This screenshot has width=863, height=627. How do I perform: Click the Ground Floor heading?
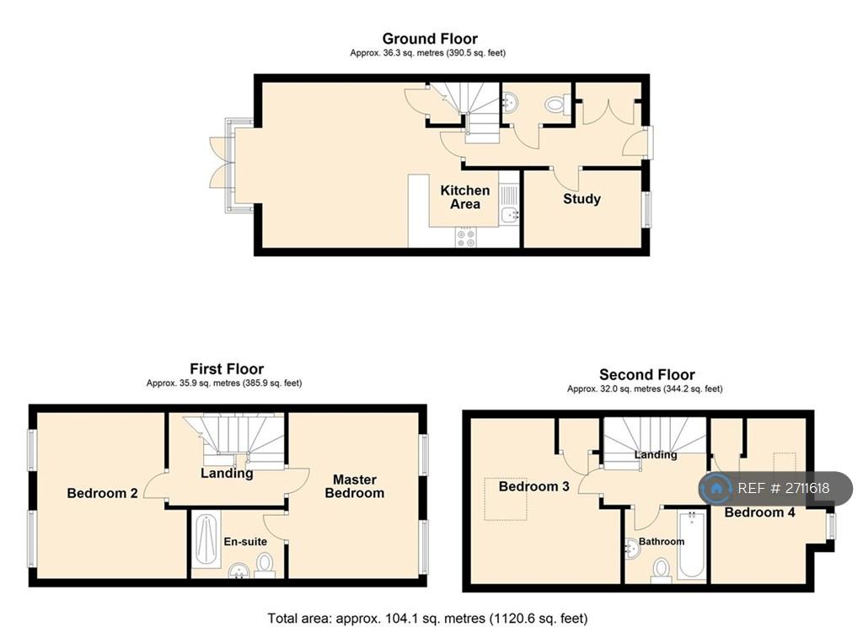[x=430, y=39]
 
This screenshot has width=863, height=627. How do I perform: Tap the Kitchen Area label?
[x=465, y=197]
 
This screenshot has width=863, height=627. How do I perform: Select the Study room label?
[x=582, y=199]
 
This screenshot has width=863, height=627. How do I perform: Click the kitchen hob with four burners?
[x=466, y=238]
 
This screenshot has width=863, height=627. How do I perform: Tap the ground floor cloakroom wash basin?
[x=510, y=102]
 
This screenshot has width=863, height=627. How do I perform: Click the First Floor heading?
[x=227, y=369]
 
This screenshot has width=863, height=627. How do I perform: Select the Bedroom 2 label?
[x=102, y=493]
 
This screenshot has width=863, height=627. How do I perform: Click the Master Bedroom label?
[x=355, y=486]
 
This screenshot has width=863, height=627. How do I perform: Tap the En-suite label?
[x=245, y=542]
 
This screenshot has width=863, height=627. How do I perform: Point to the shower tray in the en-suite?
[x=206, y=540]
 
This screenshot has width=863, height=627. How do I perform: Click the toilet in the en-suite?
[x=265, y=565]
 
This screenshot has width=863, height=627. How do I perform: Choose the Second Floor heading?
[x=646, y=375]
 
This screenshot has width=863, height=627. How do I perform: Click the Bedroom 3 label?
[x=533, y=486]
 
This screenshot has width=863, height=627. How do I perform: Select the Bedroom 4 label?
[x=759, y=512]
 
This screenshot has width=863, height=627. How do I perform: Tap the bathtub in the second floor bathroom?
[x=692, y=544]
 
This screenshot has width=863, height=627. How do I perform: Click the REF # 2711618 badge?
[x=775, y=488]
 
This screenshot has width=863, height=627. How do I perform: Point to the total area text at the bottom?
[x=427, y=619]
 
